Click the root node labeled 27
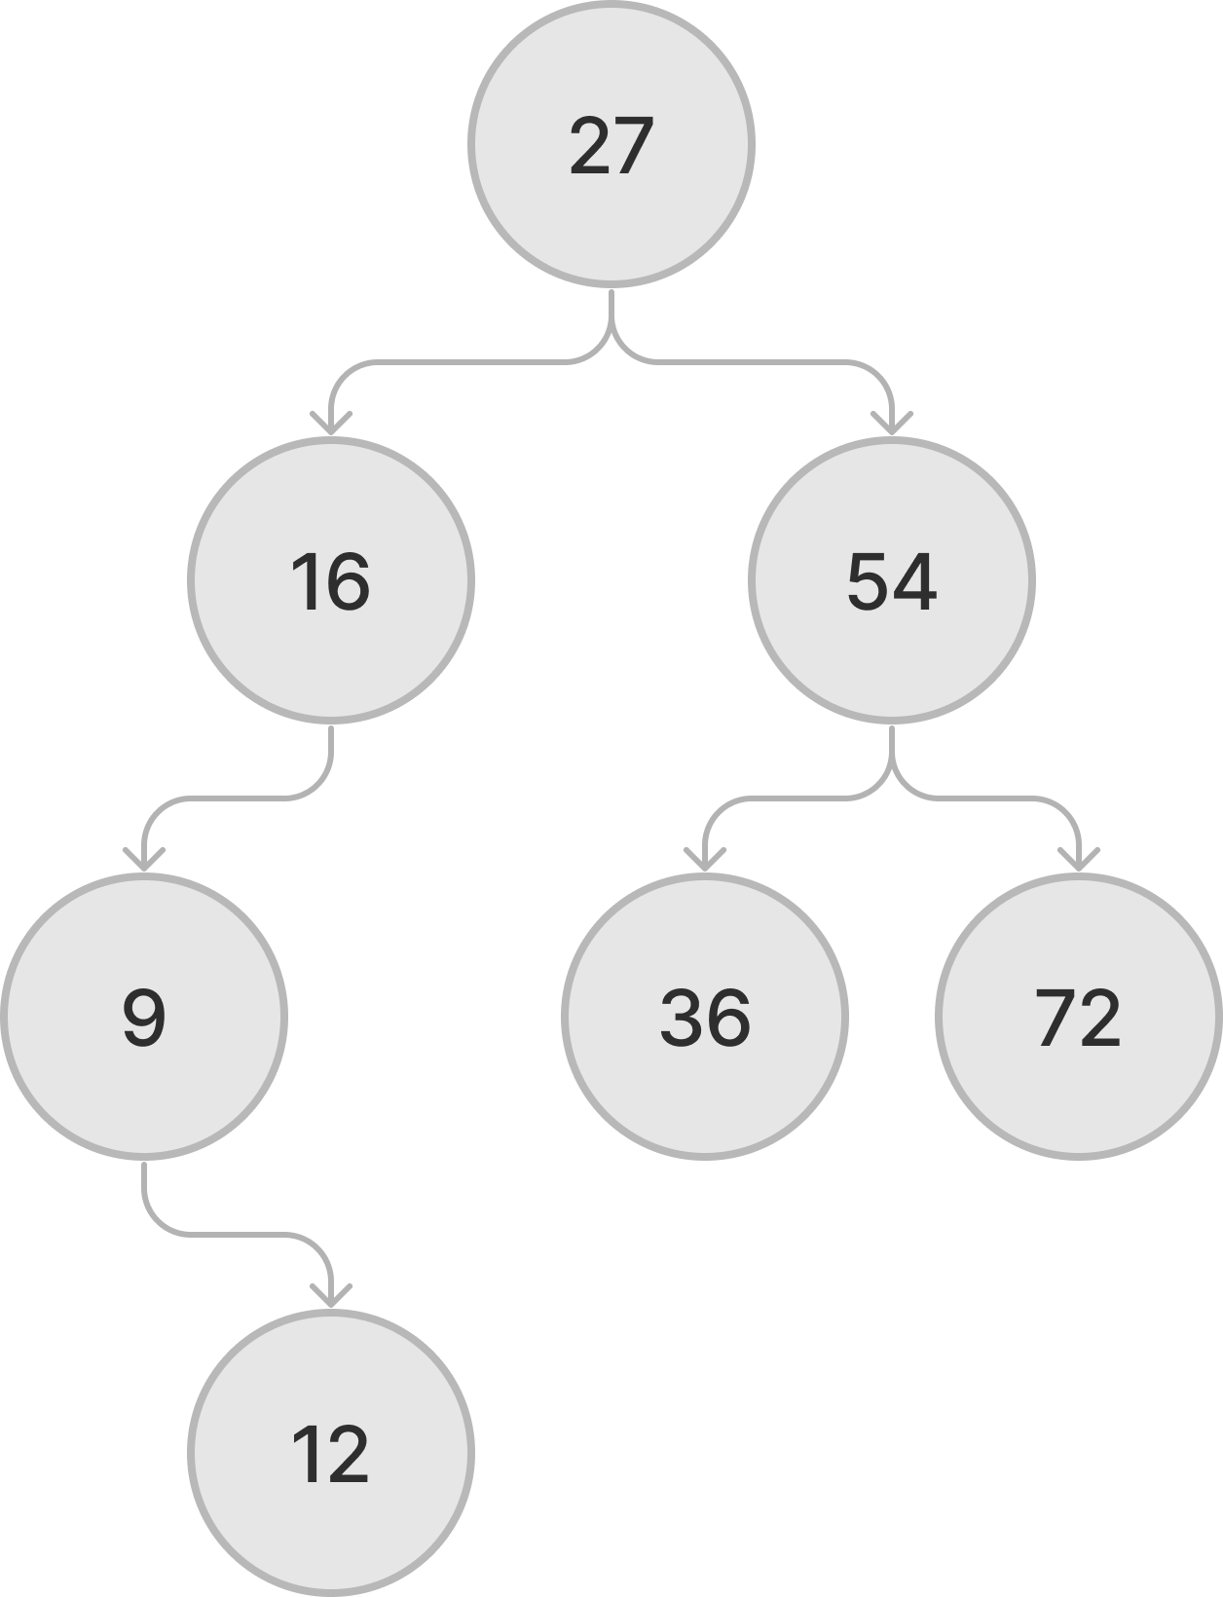tap(611, 144)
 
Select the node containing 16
tap(331, 580)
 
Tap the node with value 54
tap(891, 580)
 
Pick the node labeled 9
tap(144, 1017)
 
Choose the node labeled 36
tap(705, 1017)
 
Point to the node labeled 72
tap(1079, 1017)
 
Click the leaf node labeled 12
tap(331, 1453)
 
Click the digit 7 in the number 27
tap(631, 146)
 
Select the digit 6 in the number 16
tap(349, 582)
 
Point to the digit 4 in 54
tap(914, 582)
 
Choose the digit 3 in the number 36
tap(682, 1019)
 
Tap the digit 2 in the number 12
tap(348, 1455)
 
